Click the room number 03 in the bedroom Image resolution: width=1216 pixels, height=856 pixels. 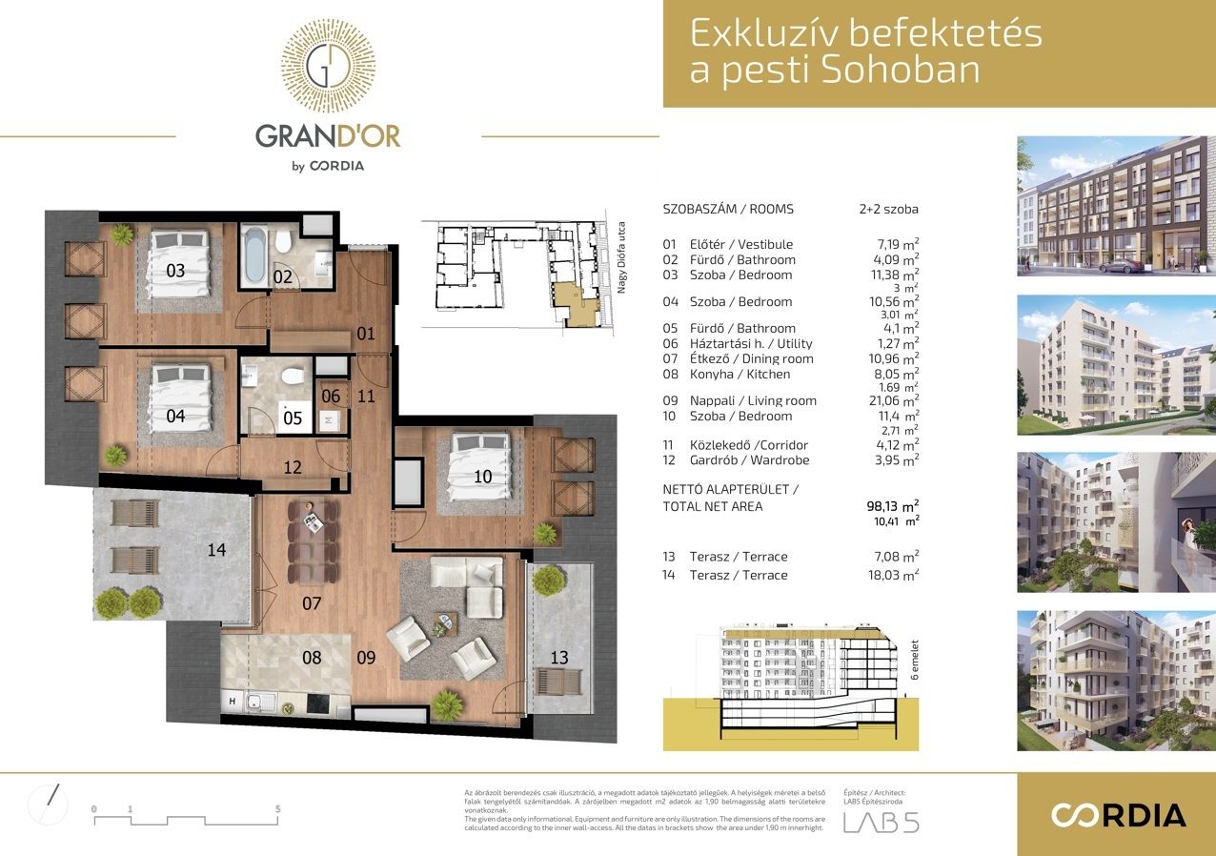tap(175, 271)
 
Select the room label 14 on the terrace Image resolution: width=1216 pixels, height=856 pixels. tap(217, 549)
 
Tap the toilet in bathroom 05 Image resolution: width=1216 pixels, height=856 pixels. tap(294, 377)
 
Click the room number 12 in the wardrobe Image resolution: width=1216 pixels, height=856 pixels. tap(293, 467)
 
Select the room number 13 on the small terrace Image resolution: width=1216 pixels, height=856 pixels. tap(559, 657)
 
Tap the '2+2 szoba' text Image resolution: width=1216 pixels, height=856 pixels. tap(888, 209)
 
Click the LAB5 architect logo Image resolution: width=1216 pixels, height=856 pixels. tap(881, 822)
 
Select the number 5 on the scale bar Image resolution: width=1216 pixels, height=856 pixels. tap(277, 808)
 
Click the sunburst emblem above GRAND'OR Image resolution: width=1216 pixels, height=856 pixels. tap(328, 66)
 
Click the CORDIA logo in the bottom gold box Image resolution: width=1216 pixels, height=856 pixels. tap(1118, 815)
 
